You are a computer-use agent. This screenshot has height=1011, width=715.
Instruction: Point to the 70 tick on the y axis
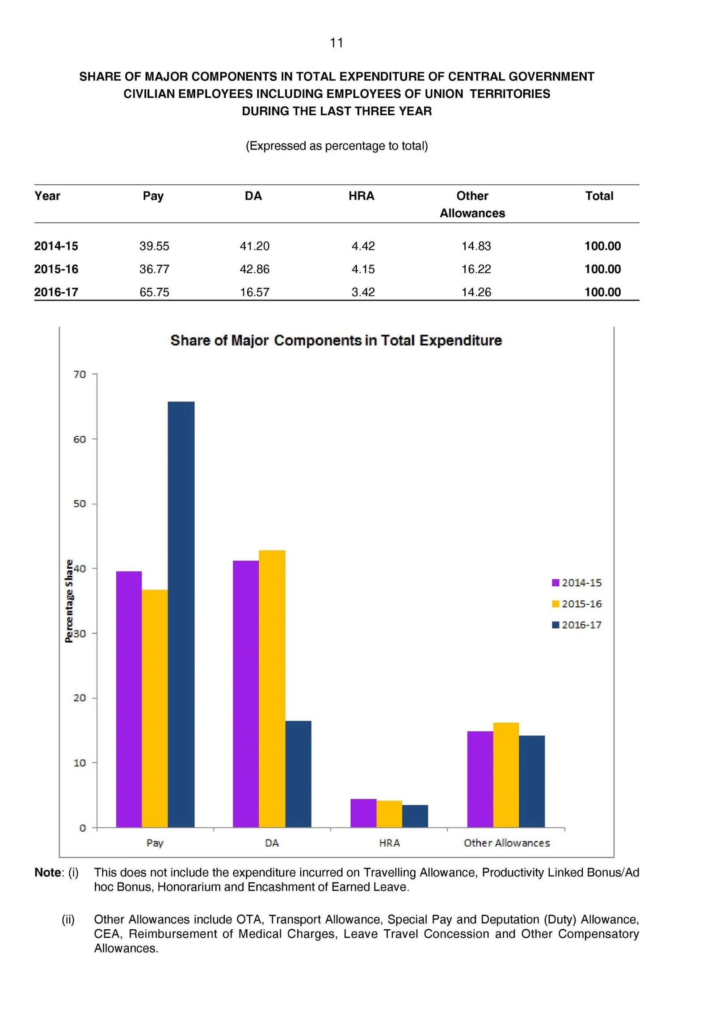pyautogui.click(x=80, y=374)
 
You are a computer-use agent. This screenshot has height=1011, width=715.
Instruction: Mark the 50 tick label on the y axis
pyautogui.click(x=80, y=504)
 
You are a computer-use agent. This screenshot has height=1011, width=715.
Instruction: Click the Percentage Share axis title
pyautogui.click(x=69, y=601)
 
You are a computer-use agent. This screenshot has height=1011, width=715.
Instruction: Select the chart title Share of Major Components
pyautogui.click(x=336, y=340)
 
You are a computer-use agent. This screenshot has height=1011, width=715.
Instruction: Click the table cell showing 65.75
pyautogui.click(x=154, y=292)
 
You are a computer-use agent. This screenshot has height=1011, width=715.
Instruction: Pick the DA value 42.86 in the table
pyautogui.click(x=254, y=269)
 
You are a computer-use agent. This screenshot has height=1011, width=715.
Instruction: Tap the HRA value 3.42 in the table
pyautogui.click(x=363, y=292)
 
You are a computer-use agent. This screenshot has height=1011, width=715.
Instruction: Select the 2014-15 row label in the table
pyautogui.click(x=56, y=246)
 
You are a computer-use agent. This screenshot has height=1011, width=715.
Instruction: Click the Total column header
pyautogui.click(x=599, y=196)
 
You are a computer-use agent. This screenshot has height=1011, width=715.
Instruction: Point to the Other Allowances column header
pyautogui.click(x=472, y=205)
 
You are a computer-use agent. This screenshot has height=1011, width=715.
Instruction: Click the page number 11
pyautogui.click(x=336, y=43)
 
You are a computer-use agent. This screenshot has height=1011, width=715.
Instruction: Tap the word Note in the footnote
pyautogui.click(x=48, y=872)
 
